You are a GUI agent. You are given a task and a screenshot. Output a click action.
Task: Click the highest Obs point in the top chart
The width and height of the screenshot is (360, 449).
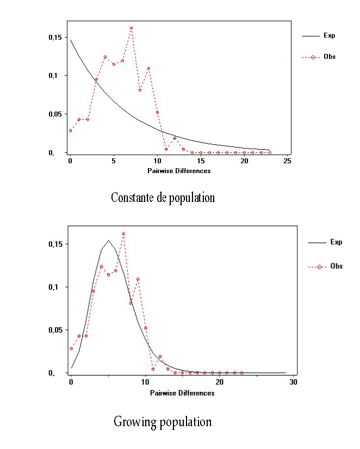pyautogui.click(x=131, y=28)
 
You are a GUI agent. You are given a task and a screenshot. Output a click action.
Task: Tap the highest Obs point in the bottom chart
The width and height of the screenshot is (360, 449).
pyautogui.click(x=123, y=233)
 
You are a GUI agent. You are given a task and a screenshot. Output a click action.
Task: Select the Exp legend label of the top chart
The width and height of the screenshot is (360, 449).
pyautogui.click(x=329, y=36)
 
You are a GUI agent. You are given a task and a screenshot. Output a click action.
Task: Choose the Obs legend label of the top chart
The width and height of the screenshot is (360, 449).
pyautogui.click(x=329, y=57)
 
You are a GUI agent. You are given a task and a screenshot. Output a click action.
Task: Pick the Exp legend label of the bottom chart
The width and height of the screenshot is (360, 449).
pyautogui.click(x=336, y=242)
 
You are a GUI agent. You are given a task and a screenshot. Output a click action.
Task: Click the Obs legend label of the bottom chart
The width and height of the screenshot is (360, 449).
pyautogui.click(x=337, y=267)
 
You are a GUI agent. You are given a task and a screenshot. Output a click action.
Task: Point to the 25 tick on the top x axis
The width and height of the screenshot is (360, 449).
pyautogui.click(x=288, y=162)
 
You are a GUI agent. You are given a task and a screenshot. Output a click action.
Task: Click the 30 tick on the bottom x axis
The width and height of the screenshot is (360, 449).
pyautogui.click(x=294, y=383)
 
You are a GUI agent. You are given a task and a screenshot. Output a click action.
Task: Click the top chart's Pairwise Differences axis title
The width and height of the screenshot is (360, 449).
pyautogui.click(x=179, y=171)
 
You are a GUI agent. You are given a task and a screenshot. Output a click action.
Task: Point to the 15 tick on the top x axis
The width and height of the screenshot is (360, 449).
pyautogui.click(x=201, y=162)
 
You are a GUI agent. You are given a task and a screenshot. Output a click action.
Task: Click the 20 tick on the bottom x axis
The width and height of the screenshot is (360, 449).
pyautogui.click(x=220, y=383)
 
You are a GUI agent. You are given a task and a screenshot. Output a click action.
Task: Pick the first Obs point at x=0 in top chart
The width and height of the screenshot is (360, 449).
pyautogui.click(x=70, y=131)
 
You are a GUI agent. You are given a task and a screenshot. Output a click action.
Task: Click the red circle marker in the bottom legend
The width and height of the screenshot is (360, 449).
pyautogui.click(x=319, y=267)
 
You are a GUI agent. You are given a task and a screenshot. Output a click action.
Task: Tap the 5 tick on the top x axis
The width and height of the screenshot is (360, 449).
pyautogui.click(x=114, y=162)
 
